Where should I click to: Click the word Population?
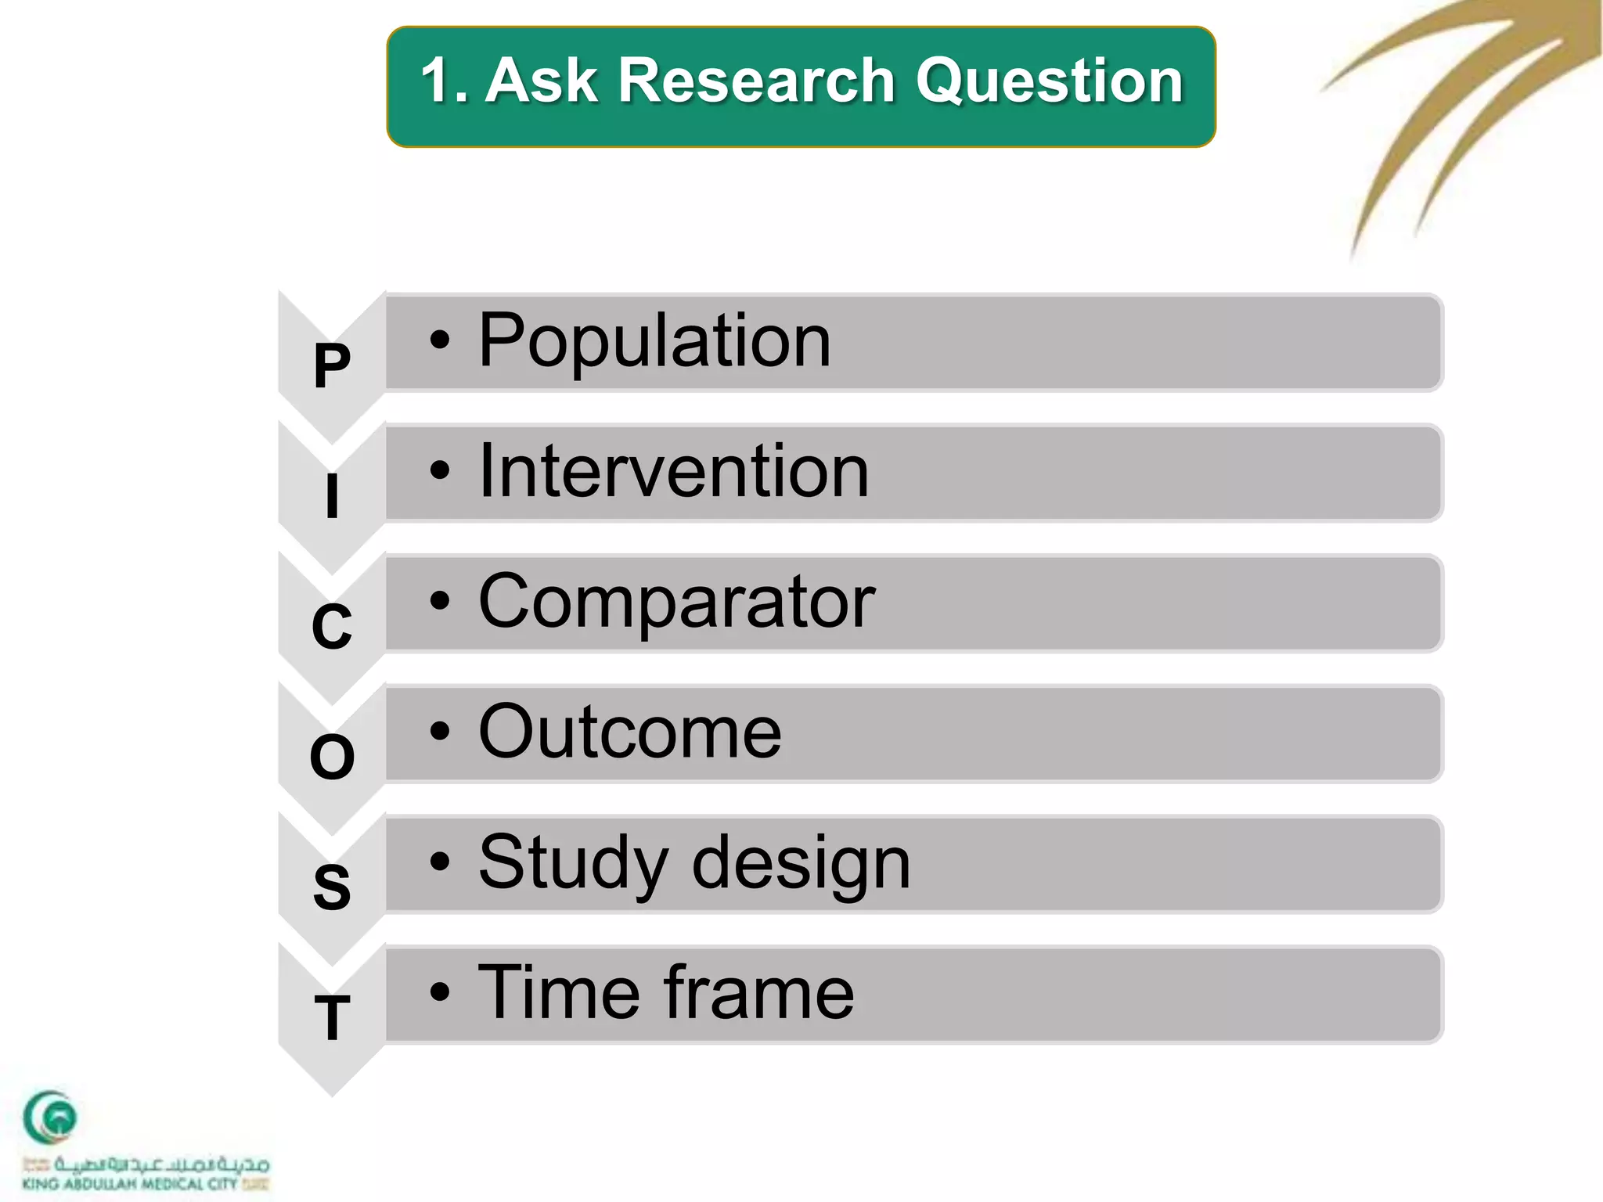(x=654, y=341)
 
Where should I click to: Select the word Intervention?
(x=673, y=471)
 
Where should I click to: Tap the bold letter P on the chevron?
(x=332, y=366)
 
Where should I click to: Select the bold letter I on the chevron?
(x=332, y=496)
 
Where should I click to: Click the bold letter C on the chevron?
(x=332, y=627)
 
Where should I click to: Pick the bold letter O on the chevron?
(x=332, y=758)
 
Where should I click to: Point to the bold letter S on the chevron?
(x=332, y=887)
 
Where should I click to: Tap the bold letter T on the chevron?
(x=332, y=1018)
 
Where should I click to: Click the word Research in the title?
(x=756, y=81)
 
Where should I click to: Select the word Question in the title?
(x=1049, y=81)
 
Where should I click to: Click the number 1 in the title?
(x=435, y=81)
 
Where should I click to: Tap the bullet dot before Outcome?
(x=440, y=732)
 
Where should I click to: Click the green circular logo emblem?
(x=50, y=1117)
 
